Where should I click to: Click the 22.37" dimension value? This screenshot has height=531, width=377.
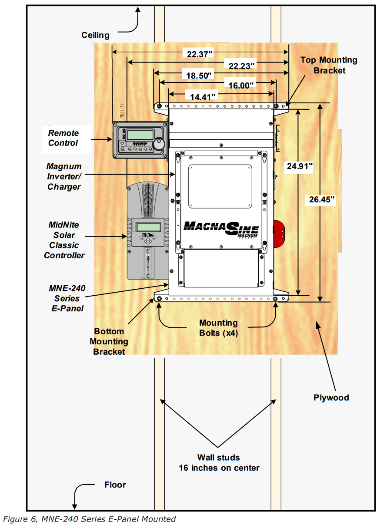click(x=200, y=54)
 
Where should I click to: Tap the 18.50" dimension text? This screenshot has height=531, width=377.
click(x=199, y=75)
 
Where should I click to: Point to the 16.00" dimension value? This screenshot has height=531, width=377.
click(x=241, y=85)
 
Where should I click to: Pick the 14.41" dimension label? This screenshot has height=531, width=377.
click(x=200, y=96)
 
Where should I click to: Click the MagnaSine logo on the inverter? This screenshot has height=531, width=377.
click(x=221, y=228)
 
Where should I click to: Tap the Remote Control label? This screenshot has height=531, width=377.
click(x=63, y=138)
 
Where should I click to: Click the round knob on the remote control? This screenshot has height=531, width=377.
click(x=160, y=143)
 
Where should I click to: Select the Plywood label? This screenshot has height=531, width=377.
click(x=331, y=397)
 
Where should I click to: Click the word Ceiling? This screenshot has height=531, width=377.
click(x=95, y=35)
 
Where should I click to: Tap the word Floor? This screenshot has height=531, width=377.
click(x=115, y=485)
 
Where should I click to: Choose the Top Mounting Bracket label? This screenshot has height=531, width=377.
click(x=329, y=65)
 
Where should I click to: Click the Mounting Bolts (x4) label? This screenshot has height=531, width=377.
click(x=218, y=328)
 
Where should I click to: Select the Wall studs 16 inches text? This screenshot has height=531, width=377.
click(x=219, y=462)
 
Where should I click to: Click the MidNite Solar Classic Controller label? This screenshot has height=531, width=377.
click(x=64, y=240)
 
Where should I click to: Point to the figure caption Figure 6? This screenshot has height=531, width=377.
click(x=89, y=519)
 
